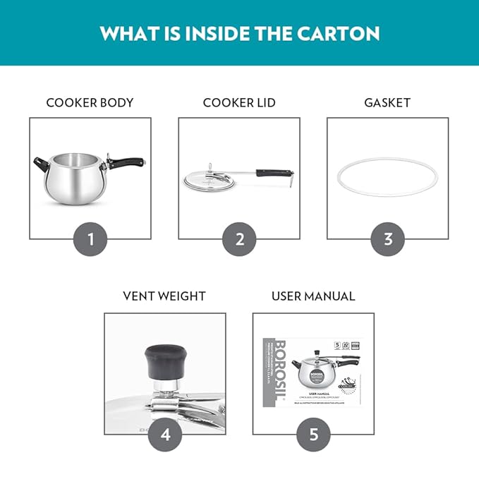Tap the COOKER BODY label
point(90,103)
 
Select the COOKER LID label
point(239,103)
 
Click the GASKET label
point(387,103)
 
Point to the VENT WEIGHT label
point(164,296)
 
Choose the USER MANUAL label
point(313,296)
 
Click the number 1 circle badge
point(90,239)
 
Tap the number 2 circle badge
point(240,239)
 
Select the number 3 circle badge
point(388,239)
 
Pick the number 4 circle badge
point(165,434)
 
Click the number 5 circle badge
point(313,434)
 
